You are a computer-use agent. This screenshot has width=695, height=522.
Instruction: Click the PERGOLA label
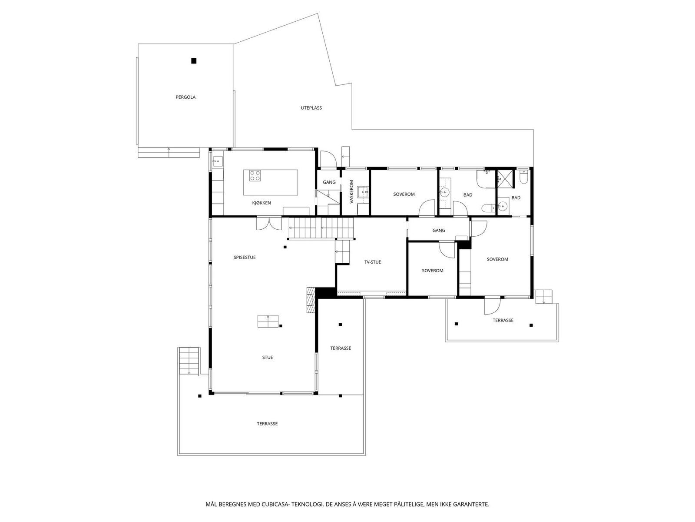tap(185, 97)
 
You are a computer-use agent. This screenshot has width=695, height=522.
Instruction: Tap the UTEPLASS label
tap(311, 108)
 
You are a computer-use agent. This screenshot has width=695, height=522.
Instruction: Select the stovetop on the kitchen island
tap(255, 176)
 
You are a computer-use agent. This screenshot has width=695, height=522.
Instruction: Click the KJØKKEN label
tap(261, 203)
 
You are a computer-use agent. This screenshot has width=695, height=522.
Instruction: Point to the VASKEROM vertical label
tap(351, 192)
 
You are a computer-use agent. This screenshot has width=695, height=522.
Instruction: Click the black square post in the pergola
tap(194, 61)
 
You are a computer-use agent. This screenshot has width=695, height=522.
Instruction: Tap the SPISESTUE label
tap(245, 258)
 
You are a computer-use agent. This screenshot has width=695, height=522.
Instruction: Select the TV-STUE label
tap(372, 262)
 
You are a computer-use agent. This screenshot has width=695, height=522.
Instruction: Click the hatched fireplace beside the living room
tap(310, 300)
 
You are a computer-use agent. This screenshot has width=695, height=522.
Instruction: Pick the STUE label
tap(268, 358)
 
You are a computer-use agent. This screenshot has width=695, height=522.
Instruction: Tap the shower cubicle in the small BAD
tap(505, 177)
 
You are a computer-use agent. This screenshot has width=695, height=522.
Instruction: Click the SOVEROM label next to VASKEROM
tap(404, 194)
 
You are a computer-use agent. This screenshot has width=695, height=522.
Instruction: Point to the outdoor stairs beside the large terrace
tap(189, 360)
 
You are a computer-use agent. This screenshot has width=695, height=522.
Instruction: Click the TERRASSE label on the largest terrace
tap(267, 424)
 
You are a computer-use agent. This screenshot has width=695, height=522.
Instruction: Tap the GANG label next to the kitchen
tap(329, 182)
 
